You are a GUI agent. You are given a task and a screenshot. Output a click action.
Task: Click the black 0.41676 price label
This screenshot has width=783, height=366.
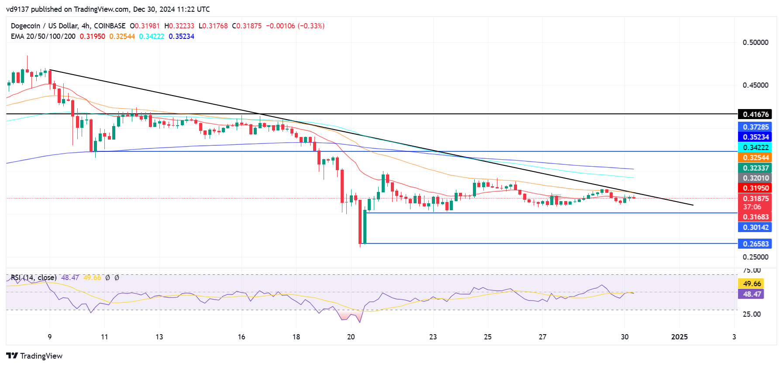click(x=755, y=114)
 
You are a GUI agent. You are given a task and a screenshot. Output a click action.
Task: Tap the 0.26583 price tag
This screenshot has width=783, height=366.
click(x=755, y=244)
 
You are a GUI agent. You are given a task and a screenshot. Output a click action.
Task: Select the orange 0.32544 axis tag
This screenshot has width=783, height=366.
click(x=755, y=157)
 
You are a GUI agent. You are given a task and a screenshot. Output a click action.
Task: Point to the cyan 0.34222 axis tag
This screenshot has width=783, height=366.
click(x=755, y=147)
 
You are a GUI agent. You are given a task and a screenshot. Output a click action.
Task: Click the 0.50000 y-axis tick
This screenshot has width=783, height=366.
click(x=755, y=42)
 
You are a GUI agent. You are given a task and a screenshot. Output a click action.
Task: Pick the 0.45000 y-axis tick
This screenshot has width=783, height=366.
click(x=755, y=85)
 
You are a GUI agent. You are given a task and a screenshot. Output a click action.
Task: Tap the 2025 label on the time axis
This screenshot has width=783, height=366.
click(x=679, y=337)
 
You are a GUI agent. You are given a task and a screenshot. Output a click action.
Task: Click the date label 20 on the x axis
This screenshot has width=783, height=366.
click(x=351, y=337)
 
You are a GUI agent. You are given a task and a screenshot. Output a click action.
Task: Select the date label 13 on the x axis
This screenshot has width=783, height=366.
click(x=159, y=337)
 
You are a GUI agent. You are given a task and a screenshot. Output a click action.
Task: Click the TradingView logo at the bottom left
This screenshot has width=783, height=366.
click(x=34, y=356)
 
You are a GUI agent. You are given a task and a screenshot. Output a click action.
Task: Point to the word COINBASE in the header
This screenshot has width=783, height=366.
click(x=110, y=26)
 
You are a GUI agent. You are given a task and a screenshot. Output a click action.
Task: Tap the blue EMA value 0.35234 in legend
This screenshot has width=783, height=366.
click(x=181, y=36)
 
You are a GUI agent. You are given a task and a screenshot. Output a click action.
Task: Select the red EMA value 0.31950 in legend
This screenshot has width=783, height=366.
click(x=92, y=36)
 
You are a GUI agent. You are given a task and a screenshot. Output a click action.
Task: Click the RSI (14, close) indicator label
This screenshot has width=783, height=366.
click(x=34, y=277)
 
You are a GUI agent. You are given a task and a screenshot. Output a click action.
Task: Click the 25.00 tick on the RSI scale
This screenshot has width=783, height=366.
click(x=752, y=314)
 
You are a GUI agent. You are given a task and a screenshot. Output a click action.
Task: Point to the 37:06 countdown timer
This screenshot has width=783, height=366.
click(x=752, y=207)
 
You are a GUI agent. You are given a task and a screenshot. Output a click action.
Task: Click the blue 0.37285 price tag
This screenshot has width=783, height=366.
click(x=755, y=127)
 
